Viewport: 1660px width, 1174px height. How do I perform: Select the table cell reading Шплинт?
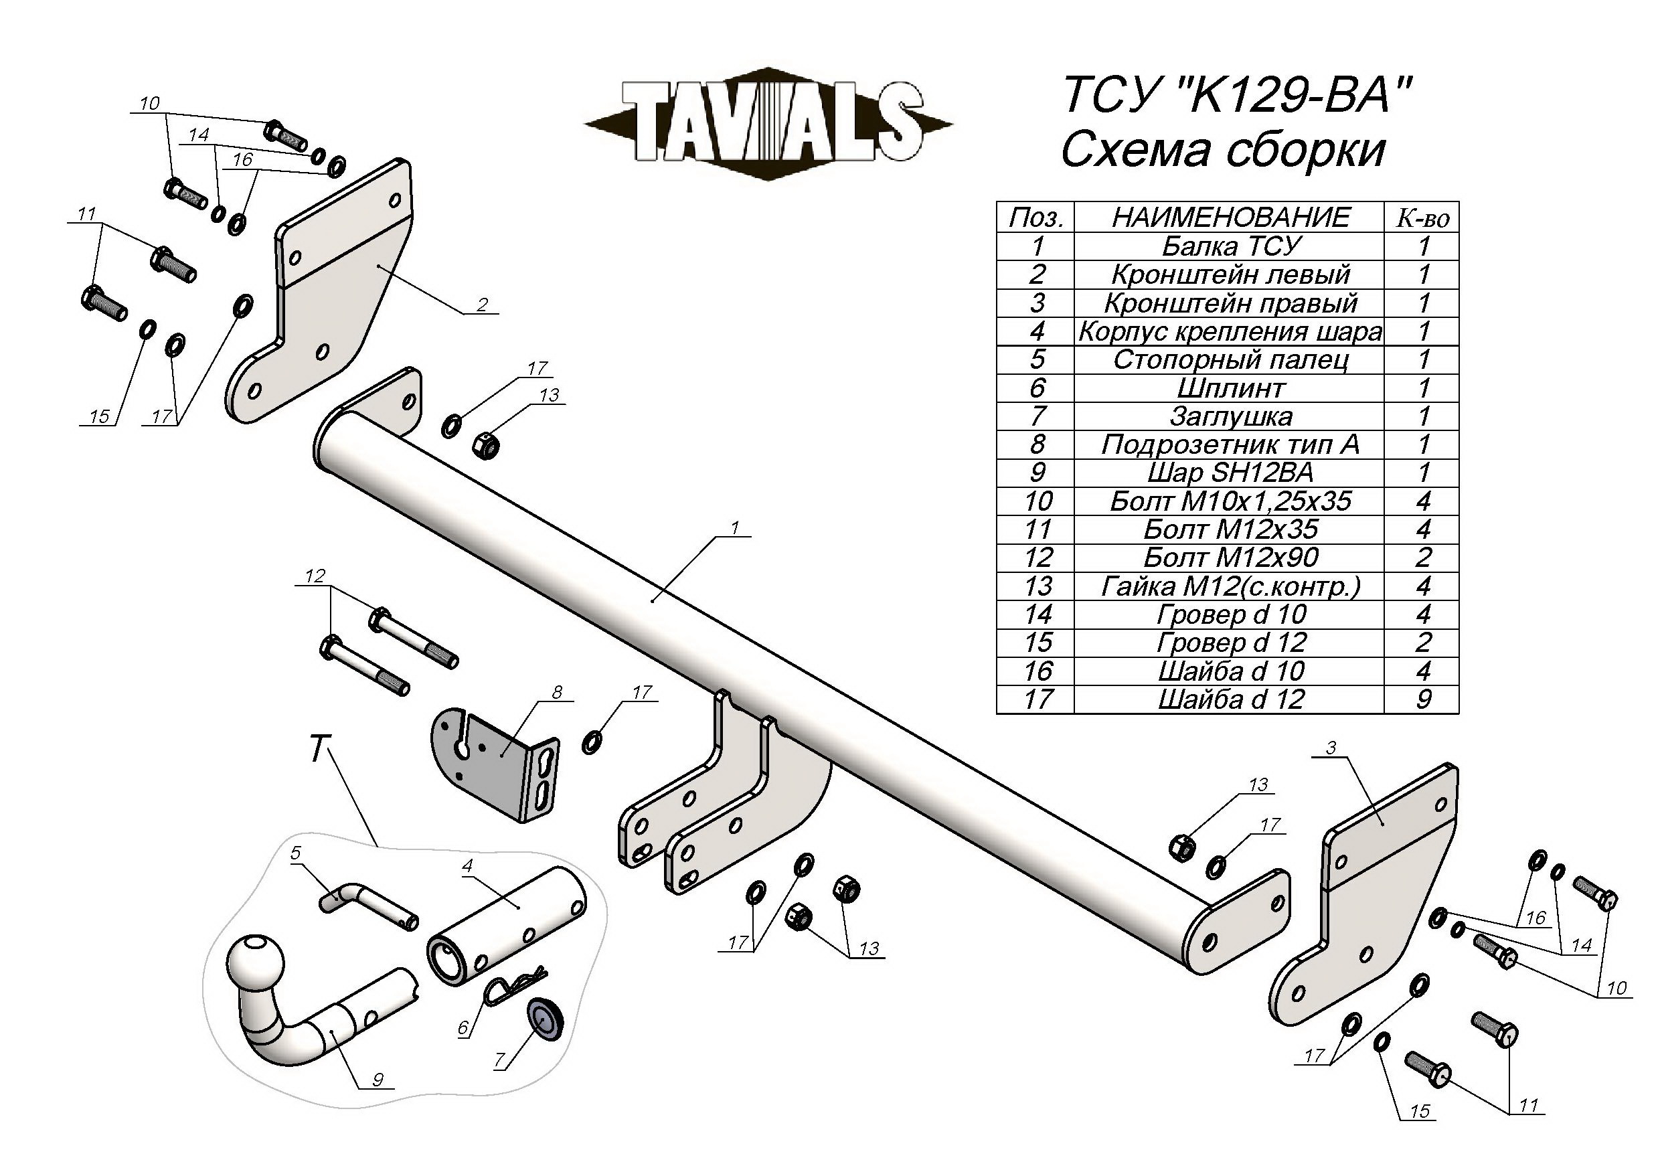pyautogui.click(x=1230, y=388)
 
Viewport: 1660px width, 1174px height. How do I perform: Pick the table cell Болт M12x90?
pyautogui.click(x=1230, y=558)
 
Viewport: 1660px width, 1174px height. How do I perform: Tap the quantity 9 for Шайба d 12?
pyautogui.click(x=1422, y=699)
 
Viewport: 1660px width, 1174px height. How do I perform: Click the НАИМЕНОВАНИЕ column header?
pyautogui.click(x=1230, y=218)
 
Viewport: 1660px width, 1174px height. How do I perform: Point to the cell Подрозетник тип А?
pyautogui.click(x=1230, y=444)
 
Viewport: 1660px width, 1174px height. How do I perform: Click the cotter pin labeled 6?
pyautogui.click(x=513, y=985)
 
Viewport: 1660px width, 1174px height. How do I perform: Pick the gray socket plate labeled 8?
pyautogui.click(x=499, y=770)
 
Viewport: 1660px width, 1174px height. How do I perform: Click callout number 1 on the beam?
pyautogui.click(x=734, y=529)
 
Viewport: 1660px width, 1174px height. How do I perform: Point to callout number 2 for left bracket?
pyautogui.click(x=482, y=305)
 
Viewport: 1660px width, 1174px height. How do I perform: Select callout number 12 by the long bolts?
pyautogui.click(x=315, y=576)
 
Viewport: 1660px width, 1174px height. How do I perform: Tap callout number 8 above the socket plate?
pyautogui.click(x=557, y=692)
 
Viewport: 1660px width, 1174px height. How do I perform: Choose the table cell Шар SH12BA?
pyautogui.click(x=1230, y=473)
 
